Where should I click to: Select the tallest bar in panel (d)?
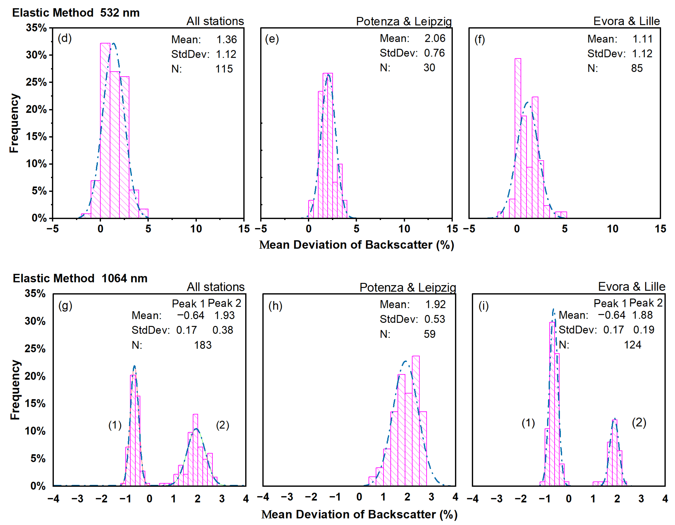[x=105, y=130]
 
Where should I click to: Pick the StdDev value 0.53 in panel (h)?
[x=434, y=319]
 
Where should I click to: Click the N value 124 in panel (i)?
[x=632, y=345]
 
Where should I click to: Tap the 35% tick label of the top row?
[x=36, y=28]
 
